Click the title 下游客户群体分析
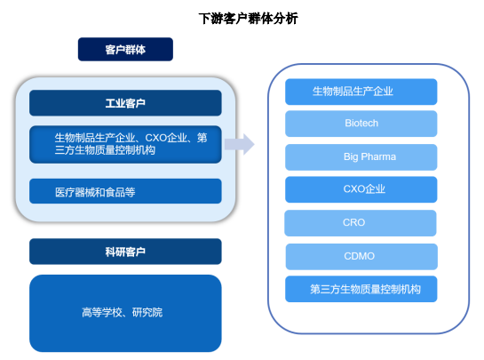tap(248, 19)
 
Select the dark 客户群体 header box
tap(125, 49)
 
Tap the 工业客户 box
tap(125, 103)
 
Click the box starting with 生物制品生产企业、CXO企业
tap(125, 144)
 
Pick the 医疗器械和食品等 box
tap(125, 191)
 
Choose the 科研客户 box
tap(125, 252)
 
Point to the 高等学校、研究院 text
tap(123, 312)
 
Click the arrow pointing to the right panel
tap(240, 144)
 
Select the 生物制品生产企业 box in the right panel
tap(361, 92)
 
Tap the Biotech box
tap(361, 124)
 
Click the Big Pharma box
tap(361, 157)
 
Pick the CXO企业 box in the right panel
tap(361, 189)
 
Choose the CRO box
tap(361, 223)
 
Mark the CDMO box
tap(361, 257)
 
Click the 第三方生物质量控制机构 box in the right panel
tap(361, 289)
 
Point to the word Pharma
tap(378, 156)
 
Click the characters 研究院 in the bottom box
tap(147, 312)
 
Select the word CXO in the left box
tap(156, 138)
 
